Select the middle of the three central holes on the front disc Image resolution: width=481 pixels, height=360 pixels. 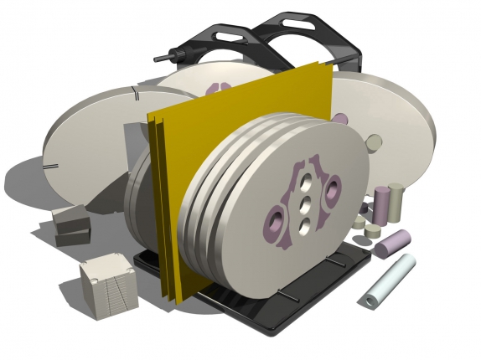[x=306, y=203]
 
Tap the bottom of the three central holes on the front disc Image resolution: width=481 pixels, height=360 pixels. [x=304, y=224]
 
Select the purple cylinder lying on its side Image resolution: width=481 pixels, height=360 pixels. [x=391, y=244]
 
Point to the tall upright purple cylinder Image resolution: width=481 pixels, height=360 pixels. [x=380, y=205]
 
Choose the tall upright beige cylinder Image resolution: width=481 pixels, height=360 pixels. [x=396, y=202]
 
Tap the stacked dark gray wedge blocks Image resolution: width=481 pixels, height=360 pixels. [x=70, y=225]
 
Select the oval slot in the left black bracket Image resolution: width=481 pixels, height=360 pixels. [x=225, y=36]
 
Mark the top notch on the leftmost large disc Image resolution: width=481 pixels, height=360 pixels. [x=134, y=91]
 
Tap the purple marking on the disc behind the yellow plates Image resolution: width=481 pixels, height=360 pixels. [x=221, y=85]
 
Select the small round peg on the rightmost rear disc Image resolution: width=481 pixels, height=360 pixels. [x=375, y=141]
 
